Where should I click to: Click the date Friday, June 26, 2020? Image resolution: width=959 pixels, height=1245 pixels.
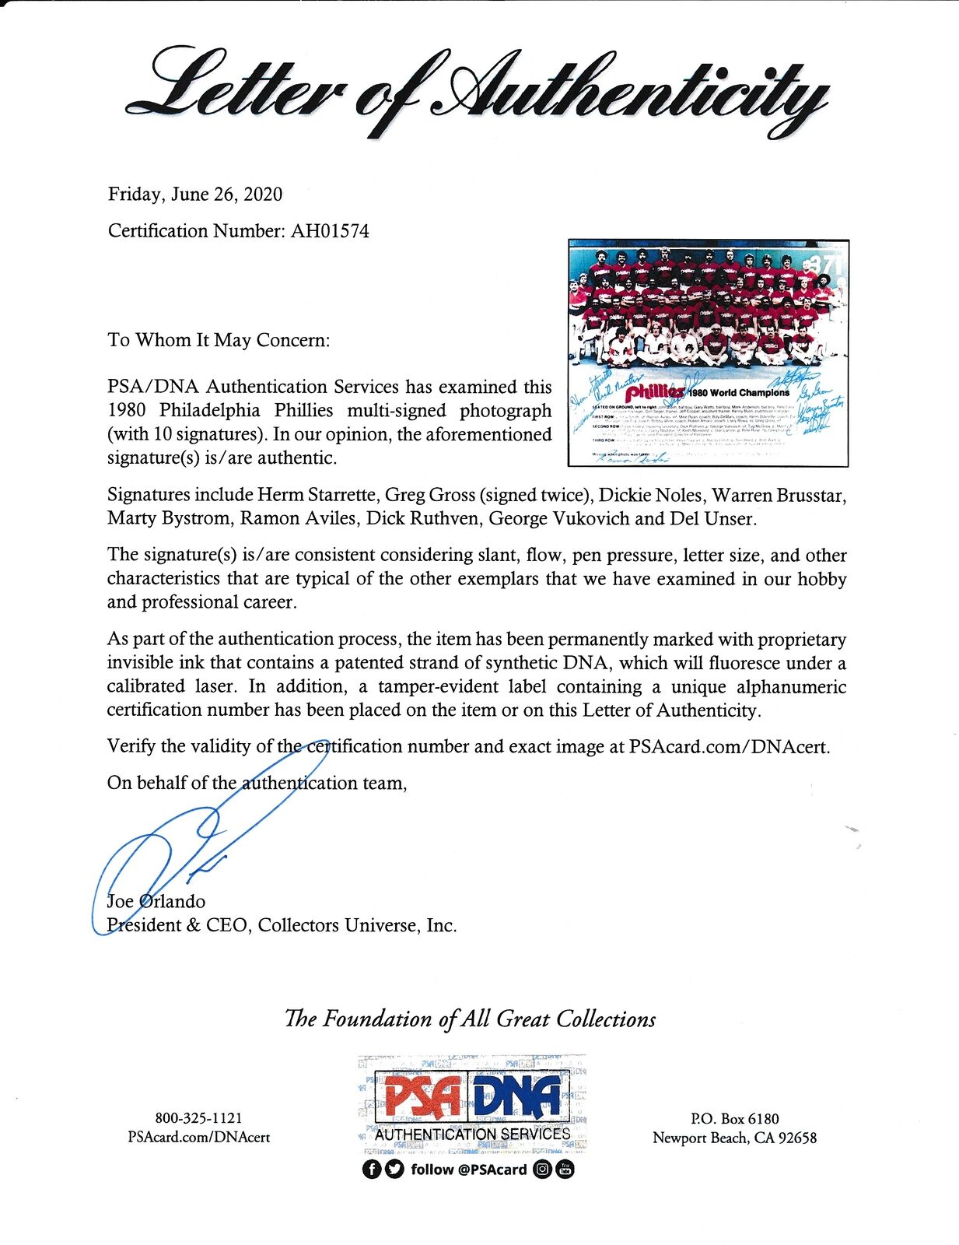coord(194,195)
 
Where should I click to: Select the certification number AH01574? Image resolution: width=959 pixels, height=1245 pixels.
coord(330,231)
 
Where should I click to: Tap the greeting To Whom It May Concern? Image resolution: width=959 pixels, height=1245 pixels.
coord(219,340)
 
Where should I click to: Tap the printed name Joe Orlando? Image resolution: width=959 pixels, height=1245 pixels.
coord(156,902)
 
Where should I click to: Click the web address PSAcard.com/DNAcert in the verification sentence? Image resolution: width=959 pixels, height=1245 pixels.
coord(729,746)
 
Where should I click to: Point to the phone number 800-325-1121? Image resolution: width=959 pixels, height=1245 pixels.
coord(198,1118)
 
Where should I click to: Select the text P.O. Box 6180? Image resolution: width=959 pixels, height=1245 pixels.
coord(734,1119)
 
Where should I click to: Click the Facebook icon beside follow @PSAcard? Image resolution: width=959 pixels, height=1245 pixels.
coord(372,1170)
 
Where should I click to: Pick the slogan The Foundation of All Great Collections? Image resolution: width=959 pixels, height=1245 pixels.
coord(470,1019)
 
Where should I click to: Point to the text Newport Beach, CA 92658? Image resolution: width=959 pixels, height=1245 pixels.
coord(734,1138)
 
